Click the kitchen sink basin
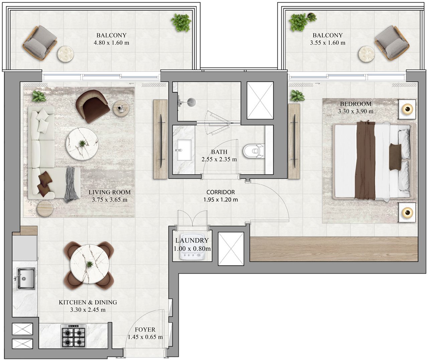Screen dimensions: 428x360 [26, 279]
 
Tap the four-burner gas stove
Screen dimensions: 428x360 [73, 336]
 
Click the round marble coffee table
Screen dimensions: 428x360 [82, 144]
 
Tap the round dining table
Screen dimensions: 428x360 [89, 264]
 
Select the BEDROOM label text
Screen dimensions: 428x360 [356, 104]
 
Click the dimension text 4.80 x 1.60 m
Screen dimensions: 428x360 [111, 43]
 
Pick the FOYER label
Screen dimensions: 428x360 [145, 330]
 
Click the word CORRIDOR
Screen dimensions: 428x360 [221, 192]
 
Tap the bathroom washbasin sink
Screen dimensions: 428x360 [184, 150]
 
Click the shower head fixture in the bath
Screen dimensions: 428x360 [192, 102]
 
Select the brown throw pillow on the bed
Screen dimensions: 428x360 [395, 157]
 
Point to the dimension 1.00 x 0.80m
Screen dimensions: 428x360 [192, 249]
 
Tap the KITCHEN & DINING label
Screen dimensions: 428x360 [88, 302]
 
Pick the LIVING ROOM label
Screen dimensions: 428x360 [110, 192]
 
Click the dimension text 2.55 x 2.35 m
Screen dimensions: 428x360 [219, 159]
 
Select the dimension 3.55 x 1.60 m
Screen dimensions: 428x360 [328, 43]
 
